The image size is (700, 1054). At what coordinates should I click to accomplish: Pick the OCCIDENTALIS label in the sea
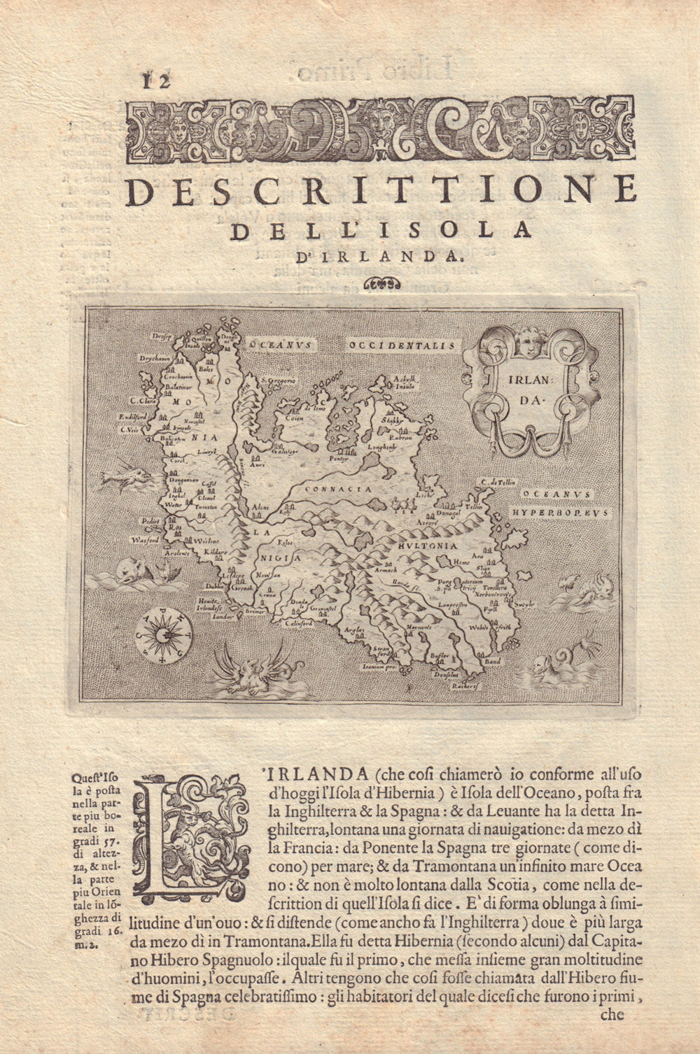point(404,345)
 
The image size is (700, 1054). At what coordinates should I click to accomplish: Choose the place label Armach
point(386,571)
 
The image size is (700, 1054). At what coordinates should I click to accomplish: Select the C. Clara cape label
point(143,401)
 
